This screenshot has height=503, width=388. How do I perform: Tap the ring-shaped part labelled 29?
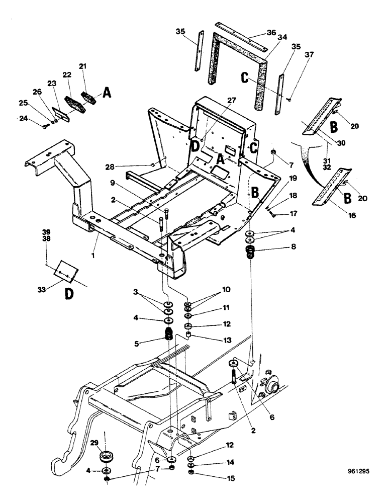[107, 457]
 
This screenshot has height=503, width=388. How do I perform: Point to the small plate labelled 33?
[64, 271]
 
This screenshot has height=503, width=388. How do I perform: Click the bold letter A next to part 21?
[107, 92]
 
